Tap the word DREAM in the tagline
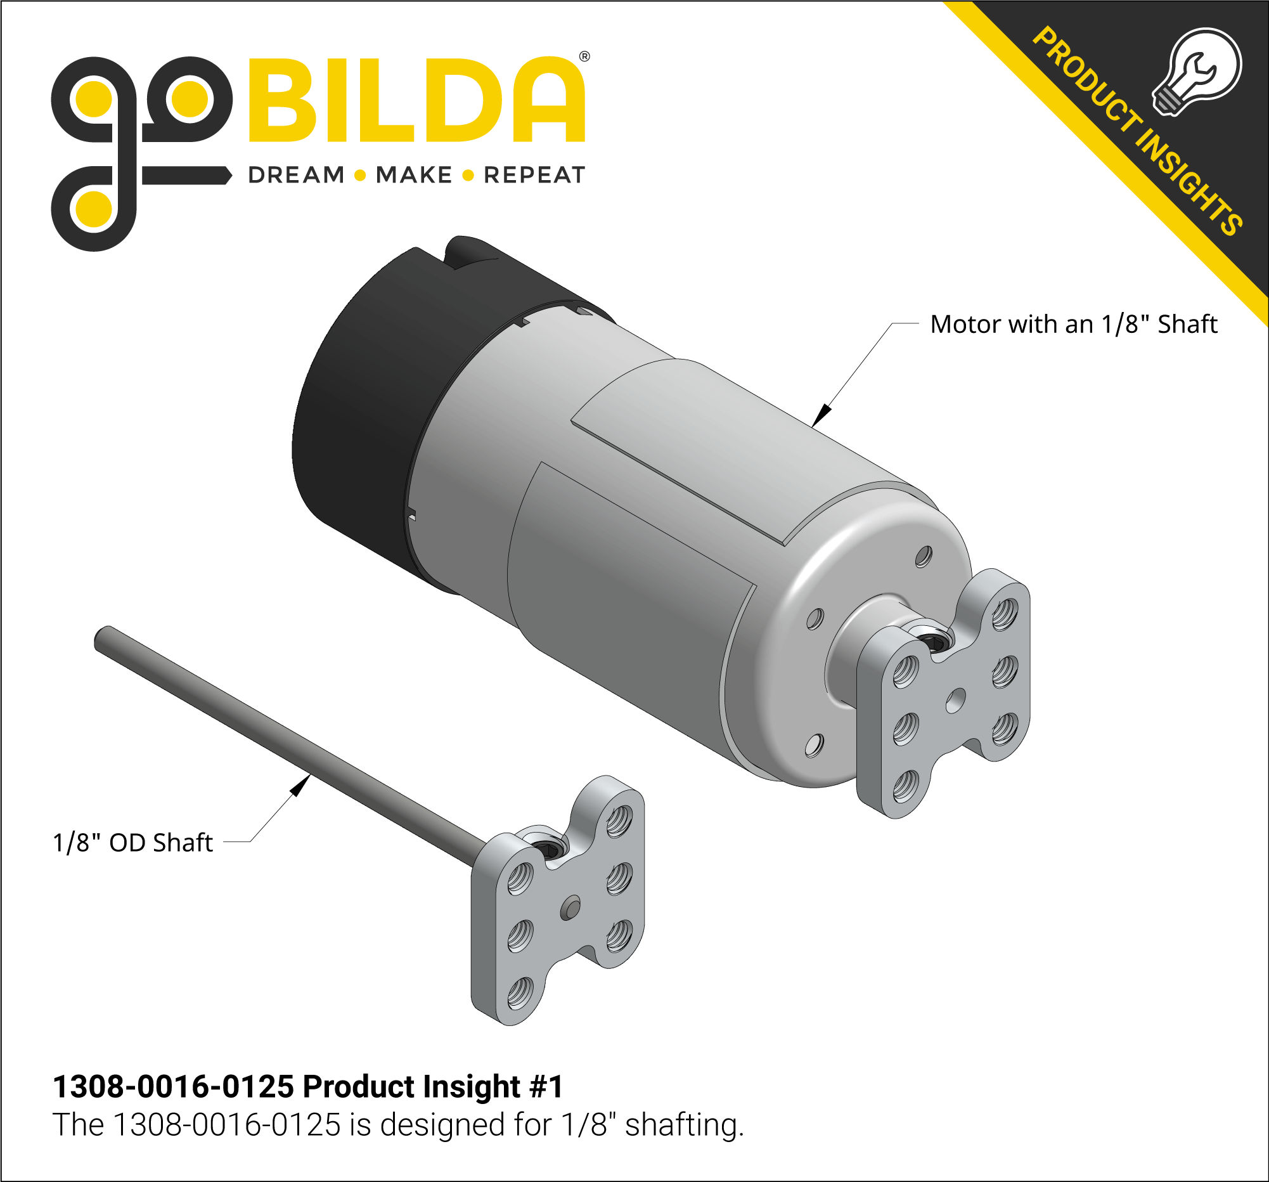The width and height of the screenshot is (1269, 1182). (296, 175)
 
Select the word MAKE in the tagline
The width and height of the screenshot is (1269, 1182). (414, 175)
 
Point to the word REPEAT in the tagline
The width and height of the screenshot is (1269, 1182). (534, 175)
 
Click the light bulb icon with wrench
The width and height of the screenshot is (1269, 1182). (1197, 72)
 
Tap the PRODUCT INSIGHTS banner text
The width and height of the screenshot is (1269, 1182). (1137, 131)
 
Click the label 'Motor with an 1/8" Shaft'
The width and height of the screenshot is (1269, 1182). (1073, 325)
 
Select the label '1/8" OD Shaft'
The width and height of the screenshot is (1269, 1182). (132, 843)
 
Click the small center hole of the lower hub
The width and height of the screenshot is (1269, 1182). (569, 908)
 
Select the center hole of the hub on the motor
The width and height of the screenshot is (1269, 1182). (955, 701)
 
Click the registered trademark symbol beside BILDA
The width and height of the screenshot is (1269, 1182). (584, 57)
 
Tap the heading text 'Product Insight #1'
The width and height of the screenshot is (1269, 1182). (432, 1086)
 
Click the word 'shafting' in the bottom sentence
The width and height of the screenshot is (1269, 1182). (683, 1125)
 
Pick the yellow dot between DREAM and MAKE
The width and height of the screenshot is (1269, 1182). (360, 175)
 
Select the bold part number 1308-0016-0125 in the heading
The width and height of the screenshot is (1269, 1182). (173, 1086)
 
